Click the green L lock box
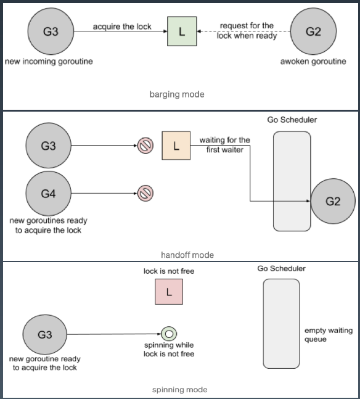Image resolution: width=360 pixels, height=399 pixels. coord(182,31)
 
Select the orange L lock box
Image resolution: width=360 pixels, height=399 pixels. coord(176,146)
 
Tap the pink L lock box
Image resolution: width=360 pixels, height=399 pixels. coord(169,292)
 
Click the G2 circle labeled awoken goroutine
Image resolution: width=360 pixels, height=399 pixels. coord(313,31)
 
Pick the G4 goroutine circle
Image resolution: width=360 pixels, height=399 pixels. coord(48,194)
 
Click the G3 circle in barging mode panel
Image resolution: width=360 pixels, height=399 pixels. coord(51,31)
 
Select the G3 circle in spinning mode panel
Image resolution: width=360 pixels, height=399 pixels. coord(45,334)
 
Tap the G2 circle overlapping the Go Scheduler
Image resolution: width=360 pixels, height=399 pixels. coord(333,201)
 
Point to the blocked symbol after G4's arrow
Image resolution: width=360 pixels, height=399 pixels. coord(145,194)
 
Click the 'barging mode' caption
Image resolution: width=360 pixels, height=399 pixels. coord(177,94)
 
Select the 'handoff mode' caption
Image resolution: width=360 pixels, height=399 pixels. coord(187,255)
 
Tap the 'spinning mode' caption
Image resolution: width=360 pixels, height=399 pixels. coord(180,390)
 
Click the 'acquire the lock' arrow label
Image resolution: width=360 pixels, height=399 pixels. coord(122,27)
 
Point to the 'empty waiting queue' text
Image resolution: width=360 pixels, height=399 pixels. coord(329,335)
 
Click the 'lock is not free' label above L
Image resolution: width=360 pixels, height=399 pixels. coord(169,271)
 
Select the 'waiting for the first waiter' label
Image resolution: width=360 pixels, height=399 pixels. coord(224,145)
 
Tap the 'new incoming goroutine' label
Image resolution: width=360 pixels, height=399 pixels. coord(49,61)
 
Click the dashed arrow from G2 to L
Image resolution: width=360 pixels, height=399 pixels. coord(243,31)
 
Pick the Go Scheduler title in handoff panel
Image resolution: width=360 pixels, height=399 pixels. coord(292,120)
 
